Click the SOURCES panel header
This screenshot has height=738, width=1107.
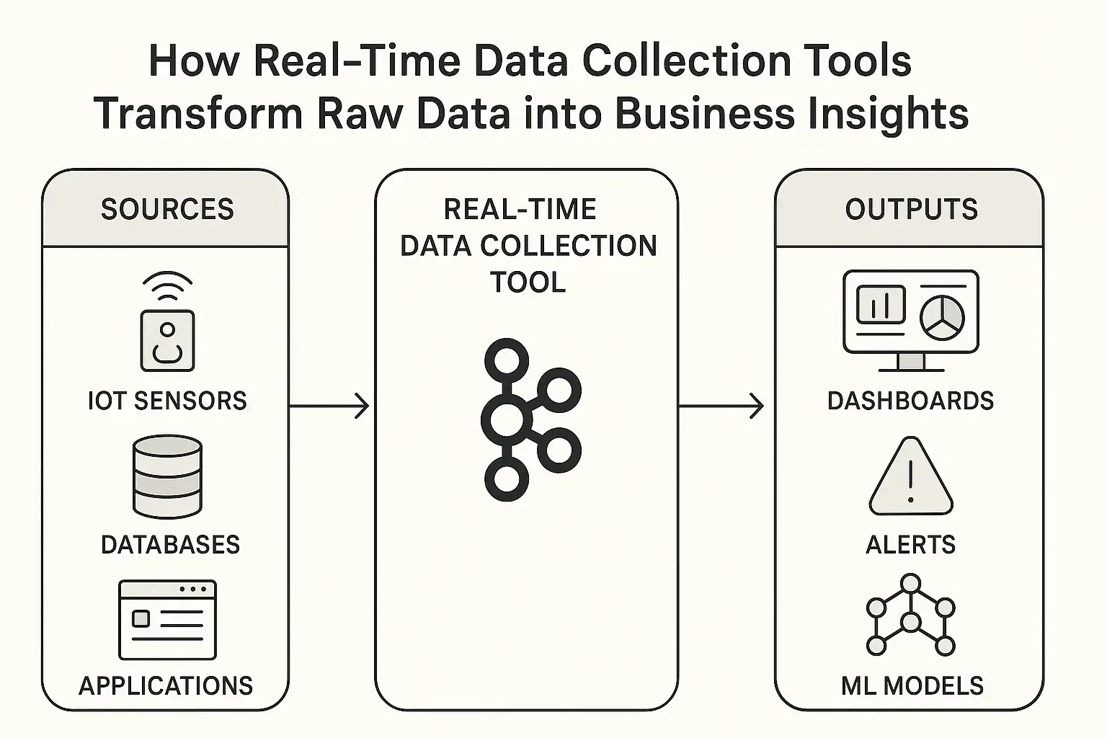click(x=166, y=209)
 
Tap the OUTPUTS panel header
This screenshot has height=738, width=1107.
click(x=910, y=209)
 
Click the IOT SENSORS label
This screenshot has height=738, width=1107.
click(x=167, y=401)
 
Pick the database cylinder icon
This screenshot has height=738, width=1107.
click(x=167, y=476)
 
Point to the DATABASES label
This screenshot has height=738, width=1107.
click(x=170, y=545)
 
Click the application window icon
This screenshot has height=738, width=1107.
click(x=167, y=620)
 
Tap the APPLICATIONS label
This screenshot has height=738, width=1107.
click(x=166, y=685)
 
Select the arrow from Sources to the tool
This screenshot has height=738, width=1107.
click(x=329, y=406)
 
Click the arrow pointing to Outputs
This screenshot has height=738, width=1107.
click(x=721, y=406)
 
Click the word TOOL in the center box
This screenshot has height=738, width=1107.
click(x=528, y=283)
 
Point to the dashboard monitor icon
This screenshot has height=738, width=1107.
click(x=910, y=320)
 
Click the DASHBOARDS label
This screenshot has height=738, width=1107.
click(x=910, y=401)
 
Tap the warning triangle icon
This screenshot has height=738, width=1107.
click(x=911, y=478)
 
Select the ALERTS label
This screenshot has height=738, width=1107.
click(x=910, y=545)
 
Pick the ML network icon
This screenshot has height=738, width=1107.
click(x=911, y=615)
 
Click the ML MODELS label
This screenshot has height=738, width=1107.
click(x=912, y=685)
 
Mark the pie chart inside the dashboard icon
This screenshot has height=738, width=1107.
click(x=942, y=316)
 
